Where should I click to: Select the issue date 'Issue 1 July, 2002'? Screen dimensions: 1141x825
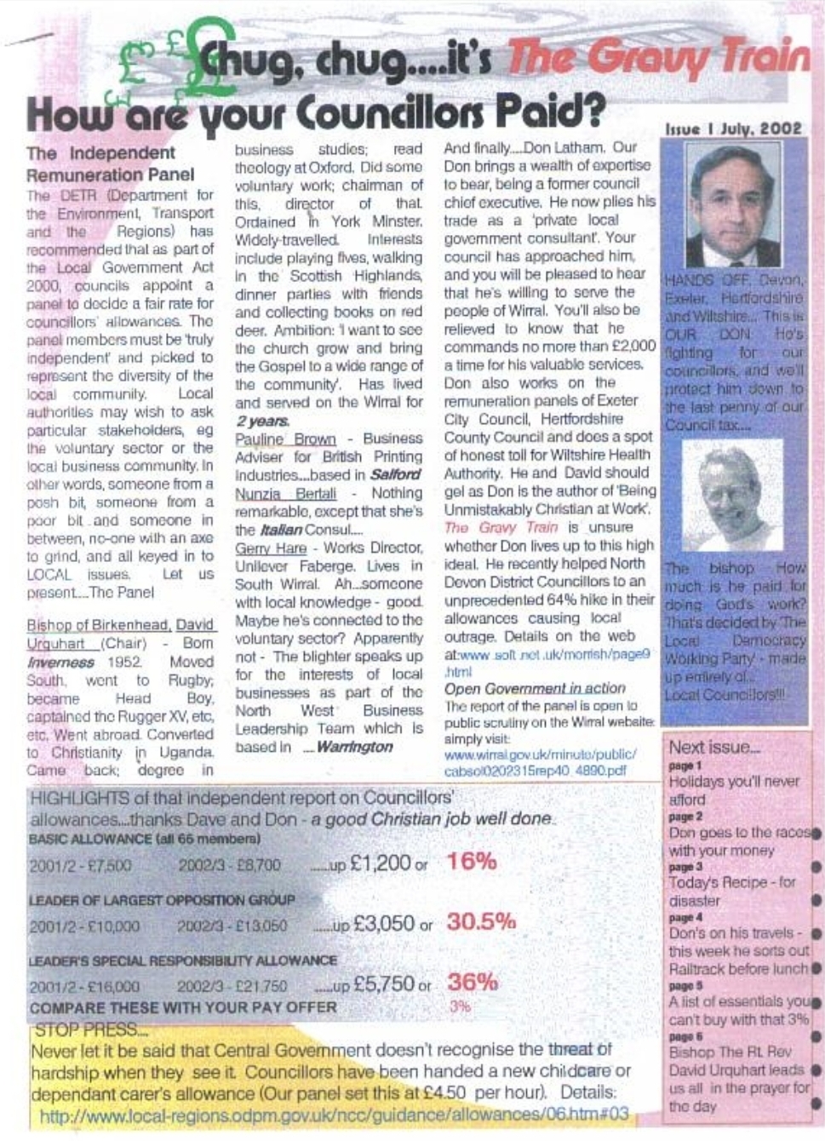pos(733,129)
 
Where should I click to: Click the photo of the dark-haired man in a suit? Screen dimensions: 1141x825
pos(733,204)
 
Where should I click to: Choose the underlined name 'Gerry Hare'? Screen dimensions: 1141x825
pos(270,548)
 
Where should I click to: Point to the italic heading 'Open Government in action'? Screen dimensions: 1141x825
pos(535,688)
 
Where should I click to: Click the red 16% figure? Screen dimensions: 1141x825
pos(472,861)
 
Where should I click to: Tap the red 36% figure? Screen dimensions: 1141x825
pos(473,982)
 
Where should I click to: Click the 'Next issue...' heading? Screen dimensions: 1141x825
pos(713,748)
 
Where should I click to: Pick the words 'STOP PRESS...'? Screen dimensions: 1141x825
pos(90,1030)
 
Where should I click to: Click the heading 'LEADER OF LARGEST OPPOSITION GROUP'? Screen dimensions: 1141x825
pos(162,900)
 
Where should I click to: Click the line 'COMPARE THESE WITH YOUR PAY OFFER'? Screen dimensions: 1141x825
pos(183,1007)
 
